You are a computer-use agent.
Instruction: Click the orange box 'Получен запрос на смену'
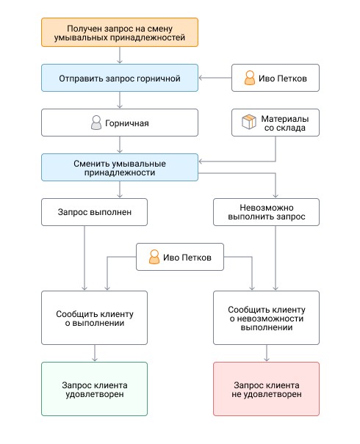pos(120,32)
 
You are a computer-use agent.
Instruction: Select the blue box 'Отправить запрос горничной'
pos(120,78)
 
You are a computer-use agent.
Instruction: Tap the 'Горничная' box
pos(120,123)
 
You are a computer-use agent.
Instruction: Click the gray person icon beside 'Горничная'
pos(96,123)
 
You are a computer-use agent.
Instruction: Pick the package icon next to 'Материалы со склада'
pos(249,122)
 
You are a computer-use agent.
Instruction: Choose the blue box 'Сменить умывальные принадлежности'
pos(120,167)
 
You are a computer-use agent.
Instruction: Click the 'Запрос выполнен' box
pos(94,212)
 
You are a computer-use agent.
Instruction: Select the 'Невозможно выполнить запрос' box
pos(266,212)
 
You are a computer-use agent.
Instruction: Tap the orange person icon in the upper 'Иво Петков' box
pos(250,78)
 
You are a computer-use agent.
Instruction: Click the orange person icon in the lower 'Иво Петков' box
pos(154,257)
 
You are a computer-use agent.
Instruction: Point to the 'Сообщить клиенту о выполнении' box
pos(94,318)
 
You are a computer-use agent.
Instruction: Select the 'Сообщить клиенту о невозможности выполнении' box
pos(266,318)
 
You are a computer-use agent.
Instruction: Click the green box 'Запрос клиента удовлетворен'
pos(94,389)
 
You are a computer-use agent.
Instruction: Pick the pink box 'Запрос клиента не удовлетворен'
pos(266,389)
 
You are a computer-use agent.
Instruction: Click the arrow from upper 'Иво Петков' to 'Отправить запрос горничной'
pos(215,78)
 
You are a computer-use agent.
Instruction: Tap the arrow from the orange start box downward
pos(120,55)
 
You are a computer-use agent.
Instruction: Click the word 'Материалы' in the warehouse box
pos(285,119)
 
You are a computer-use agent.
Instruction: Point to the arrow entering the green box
pos(95,353)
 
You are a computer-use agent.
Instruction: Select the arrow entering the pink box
pos(267,353)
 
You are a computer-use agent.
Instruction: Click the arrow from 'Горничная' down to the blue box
pos(120,145)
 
